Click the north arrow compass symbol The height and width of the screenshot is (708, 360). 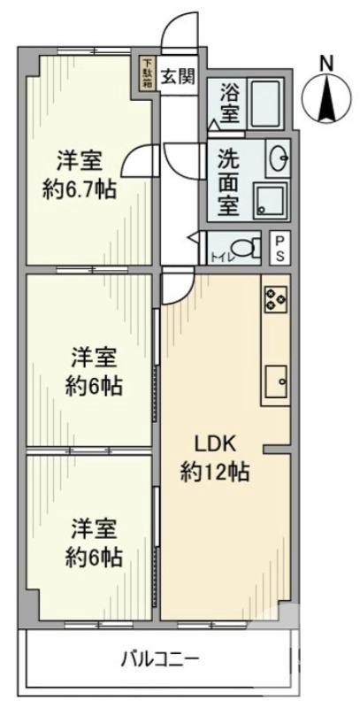coord(326,97)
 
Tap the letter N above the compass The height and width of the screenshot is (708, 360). coord(326,63)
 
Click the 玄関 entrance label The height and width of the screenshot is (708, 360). coord(177,76)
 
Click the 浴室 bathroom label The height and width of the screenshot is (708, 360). coord(229,102)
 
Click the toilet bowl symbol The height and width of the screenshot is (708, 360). coord(241,247)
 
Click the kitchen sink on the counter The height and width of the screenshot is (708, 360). coord(276,381)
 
